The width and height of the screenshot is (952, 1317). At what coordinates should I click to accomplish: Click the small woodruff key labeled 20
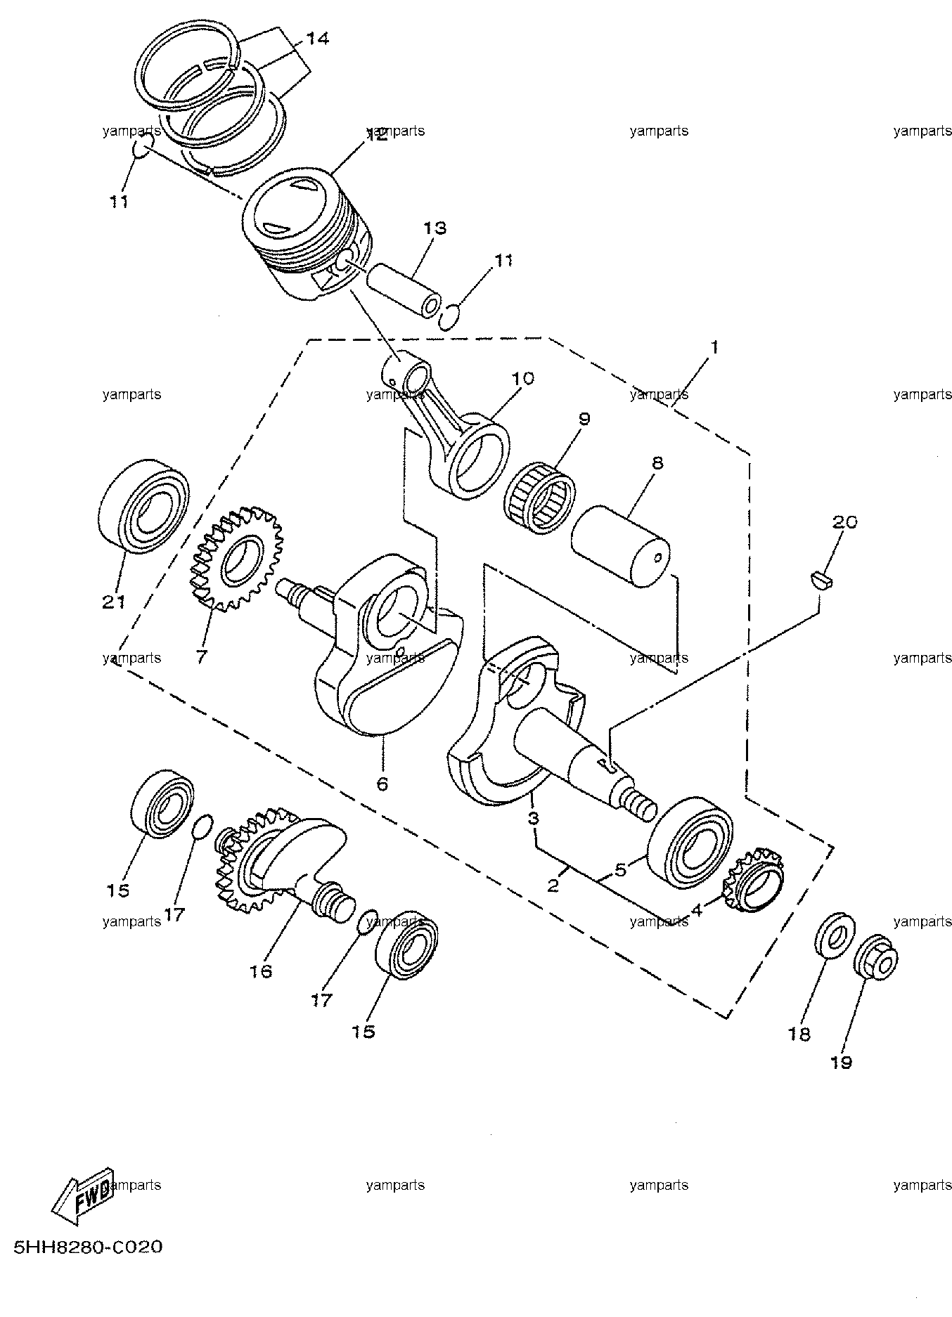(x=821, y=579)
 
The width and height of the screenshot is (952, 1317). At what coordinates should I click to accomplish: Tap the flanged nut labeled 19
(x=876, y=954)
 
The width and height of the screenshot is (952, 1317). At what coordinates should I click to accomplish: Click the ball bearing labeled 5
(x=690, y=843)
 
